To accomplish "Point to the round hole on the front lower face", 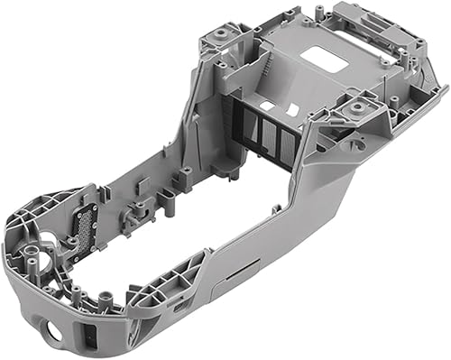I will click(55, 331).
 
